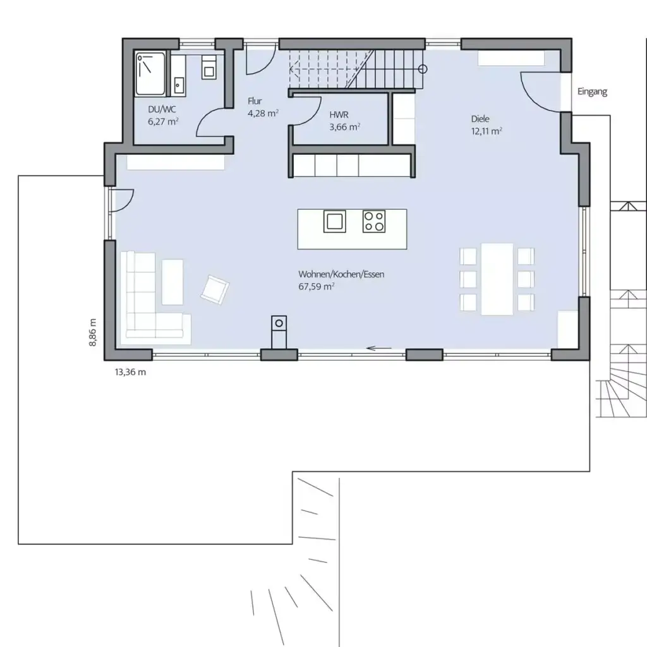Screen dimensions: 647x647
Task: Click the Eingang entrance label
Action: point(592,92)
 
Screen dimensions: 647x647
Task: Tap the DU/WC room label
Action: point(157,109)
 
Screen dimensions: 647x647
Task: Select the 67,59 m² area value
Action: point(317,286)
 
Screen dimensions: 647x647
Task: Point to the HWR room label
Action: point(339,116)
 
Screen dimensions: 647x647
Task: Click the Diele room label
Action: point(480,119)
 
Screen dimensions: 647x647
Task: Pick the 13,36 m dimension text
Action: point(130,372)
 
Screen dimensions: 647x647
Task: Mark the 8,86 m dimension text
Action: point(93,331)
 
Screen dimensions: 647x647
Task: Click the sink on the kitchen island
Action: point(334,221)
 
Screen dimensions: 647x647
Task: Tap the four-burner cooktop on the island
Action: point(373,221)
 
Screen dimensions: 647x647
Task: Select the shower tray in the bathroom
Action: point(150,74)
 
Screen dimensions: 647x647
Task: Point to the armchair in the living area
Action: point(215,288)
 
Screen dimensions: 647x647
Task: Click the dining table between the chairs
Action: point(497,279)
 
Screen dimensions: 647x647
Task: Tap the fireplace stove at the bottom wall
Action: point(279,329)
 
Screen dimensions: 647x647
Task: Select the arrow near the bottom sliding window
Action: point(379,348)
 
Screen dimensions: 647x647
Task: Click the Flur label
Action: point(255,101)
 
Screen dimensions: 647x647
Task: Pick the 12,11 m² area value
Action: point(487,131)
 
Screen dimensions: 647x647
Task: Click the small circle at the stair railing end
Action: point(423,69)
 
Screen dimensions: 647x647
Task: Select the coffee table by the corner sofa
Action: point(172,282)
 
